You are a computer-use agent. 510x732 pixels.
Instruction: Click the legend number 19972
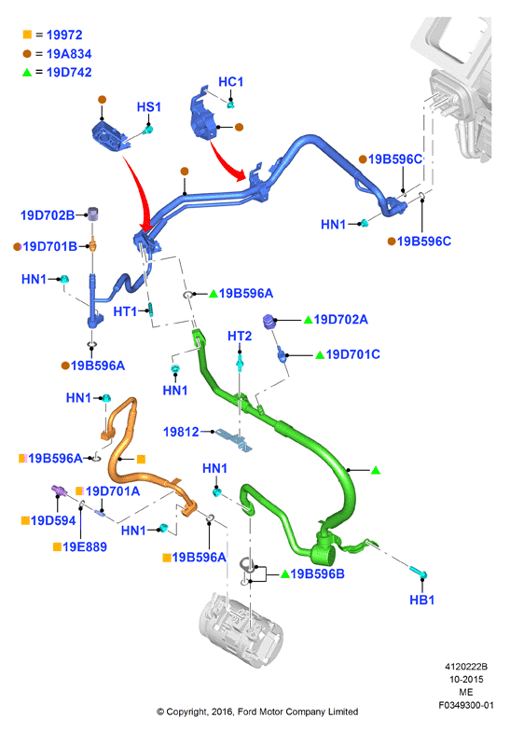pyautogui.click(x=64, y=35)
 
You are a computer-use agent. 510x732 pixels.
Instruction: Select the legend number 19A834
pyautogui.click(x=69, y=54)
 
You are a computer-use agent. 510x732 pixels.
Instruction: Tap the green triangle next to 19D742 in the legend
pyautogui.click(x=27, y=73)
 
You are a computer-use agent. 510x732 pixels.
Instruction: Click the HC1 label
pyautogui.click(x=231, y=82)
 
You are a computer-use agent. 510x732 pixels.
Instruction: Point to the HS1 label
pyautogui.click(x=149, y=107)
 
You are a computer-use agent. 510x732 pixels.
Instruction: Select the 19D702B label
pyautogui.click(x=48, y=215)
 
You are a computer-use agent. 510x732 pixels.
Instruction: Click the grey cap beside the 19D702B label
pyautogui.click(x=94, y=214)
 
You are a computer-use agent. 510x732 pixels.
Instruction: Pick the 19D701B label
pyautogui.click(x=50, y=246)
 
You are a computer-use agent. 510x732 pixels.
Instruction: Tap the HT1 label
pyautogui.click(x=125, y=311)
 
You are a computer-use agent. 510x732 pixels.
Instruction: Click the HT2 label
pyautogui.click(x=240, y=336)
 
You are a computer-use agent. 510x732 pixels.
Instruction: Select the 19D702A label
pyautogui.click(x=340, y=319)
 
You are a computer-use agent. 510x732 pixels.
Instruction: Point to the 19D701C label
pyautogui.click(x=352, y=354)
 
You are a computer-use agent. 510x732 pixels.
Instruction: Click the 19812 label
pyautogui.click(x=181, y=432)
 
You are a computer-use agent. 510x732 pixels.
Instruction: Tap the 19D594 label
pyautogui.click(x=53, y=520)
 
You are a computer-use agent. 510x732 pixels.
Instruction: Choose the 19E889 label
pyautogui.click(x=85, y=546)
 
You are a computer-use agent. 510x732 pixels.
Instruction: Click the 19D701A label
pyautogui.click(x=113, y=491)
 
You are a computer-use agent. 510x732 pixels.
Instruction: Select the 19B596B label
pyautogui.click(x=317, y=573)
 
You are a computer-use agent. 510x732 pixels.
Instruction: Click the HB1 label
pyautogui.click(x=421, y=600)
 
